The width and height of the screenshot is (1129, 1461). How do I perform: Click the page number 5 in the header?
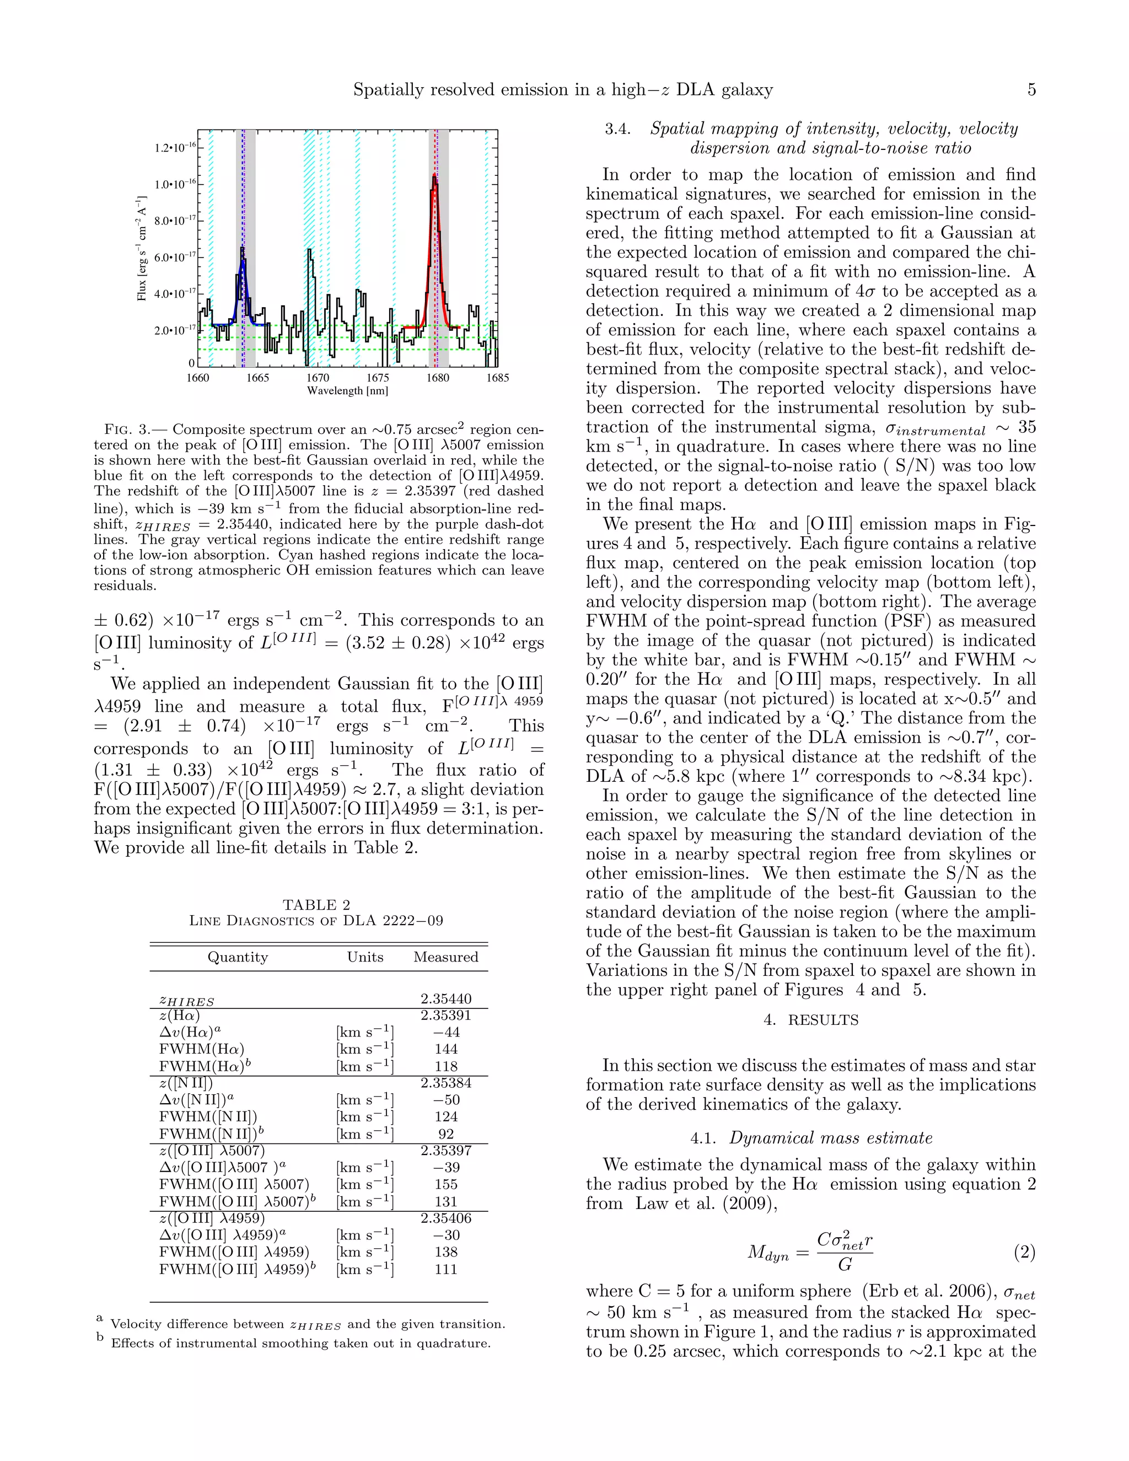1031,90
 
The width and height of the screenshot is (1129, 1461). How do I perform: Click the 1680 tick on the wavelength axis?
437,377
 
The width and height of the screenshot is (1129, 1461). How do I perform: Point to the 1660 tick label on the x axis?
198,377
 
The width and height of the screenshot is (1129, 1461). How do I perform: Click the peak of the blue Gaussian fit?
243,262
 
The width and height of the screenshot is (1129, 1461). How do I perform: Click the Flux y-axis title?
142,248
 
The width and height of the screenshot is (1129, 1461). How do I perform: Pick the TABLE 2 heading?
316,905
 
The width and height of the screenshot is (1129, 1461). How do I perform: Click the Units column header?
364,957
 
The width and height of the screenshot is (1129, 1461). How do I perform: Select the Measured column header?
445,957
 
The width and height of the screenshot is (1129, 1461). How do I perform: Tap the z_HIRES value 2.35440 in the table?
445,999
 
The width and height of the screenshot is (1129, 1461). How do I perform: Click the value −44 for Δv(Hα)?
445,1032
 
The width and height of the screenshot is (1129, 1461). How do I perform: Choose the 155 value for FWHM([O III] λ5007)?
445,1184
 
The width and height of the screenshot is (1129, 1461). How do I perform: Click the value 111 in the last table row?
445,1269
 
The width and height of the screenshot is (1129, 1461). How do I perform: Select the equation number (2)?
1024,1252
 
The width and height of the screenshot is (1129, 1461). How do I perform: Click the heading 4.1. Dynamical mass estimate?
810,1138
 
